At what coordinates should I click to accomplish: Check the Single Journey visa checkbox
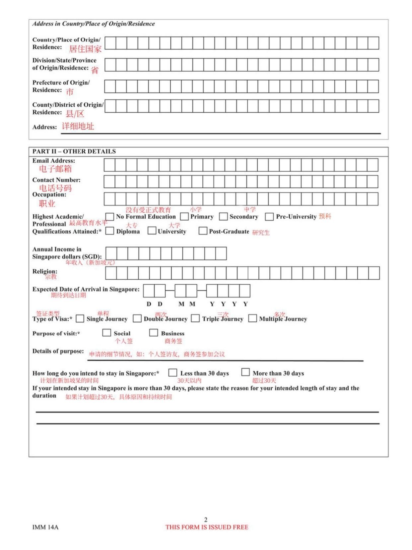click(80, 319)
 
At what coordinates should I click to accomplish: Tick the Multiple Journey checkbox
click(252, 318)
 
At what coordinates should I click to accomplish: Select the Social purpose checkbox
click(106, 333)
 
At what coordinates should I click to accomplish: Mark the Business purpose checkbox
click(153, 333)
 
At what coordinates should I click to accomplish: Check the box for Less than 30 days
click(172, 373)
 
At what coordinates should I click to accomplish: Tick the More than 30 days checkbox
click(245, 372)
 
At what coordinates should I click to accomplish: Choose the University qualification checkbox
click(152, 231)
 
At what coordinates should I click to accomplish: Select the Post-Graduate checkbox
click(203, 231)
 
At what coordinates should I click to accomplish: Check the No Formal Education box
click(109, 217)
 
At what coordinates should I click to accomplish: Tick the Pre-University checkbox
click(269, 217)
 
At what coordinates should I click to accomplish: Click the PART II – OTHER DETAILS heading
click(74, 151)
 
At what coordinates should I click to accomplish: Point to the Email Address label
click(53, 161)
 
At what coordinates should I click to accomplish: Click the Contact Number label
click(56, 180)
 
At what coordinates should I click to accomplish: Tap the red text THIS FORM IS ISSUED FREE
click(207, 527)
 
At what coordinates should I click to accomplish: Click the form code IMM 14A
click(45, 527)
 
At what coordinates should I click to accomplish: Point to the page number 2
click(206, 520)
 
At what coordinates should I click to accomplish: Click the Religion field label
click(44, 271)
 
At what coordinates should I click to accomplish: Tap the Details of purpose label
click(58, 351)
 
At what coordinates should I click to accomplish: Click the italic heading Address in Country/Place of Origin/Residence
click(94, 24)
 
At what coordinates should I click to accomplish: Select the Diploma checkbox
click(109, 231)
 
